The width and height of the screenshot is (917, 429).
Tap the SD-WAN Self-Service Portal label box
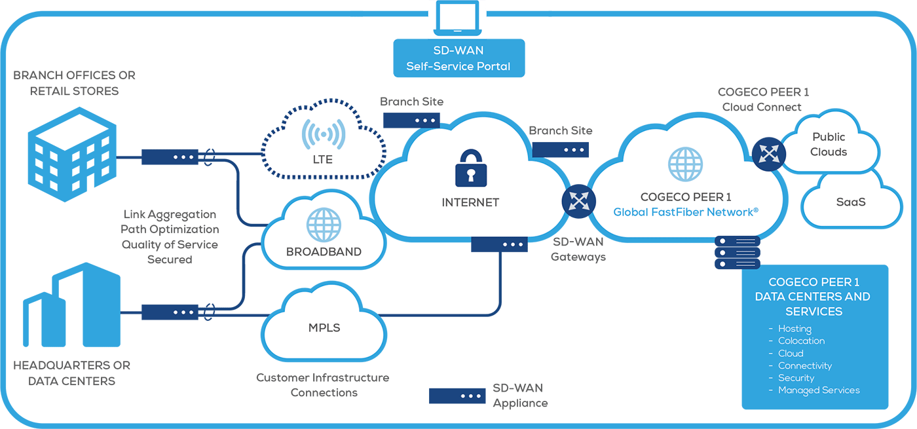(x=458, y=58)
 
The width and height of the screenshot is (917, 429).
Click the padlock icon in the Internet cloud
(x=470, y=167)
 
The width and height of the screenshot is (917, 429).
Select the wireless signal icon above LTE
(x=323, y=135)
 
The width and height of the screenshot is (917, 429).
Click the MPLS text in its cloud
(x=324, y=327)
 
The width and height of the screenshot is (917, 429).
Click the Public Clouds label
(x=829, y=144)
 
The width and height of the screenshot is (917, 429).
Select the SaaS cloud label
(x=851, y=202)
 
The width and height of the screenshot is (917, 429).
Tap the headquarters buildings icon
(x=72, y=307)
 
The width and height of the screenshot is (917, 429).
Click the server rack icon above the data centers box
(x=738, y=252)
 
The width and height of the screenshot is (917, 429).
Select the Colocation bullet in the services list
(x=801, y=341)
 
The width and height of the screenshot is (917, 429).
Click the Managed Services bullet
(x=818, y=390)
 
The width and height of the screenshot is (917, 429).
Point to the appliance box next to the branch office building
(x=170, y=157)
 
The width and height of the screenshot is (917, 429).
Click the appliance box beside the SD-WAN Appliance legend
(x=457, y=396)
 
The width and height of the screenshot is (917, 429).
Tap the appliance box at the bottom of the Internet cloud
(x=499, y=244)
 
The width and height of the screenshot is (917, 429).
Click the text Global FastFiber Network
(x=686, y=212)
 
